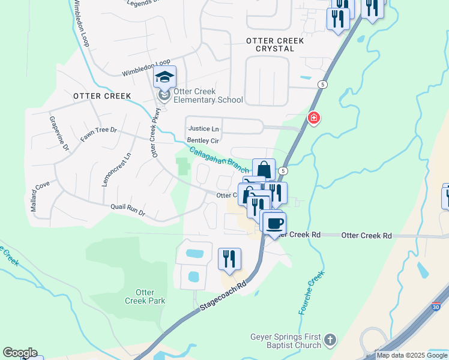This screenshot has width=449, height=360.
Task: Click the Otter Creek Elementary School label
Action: click(x=208, y=96)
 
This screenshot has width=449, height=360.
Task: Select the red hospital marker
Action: click(x=313, y=118)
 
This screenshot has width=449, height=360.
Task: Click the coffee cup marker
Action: click(x=274, y=224)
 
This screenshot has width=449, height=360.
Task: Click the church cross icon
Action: click(x=330, y=341)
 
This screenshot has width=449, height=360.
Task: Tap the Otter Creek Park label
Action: click(x=141, y=296)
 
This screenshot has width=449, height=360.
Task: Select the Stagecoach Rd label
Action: click(x=223, y=297)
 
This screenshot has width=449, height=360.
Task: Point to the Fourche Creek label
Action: click(x=311, y=293)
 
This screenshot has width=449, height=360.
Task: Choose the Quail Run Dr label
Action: click(x=128, y=210)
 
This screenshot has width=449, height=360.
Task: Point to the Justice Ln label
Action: click(x=203, y=128)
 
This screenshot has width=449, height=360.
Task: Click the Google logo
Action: click(x=20, y=353)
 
